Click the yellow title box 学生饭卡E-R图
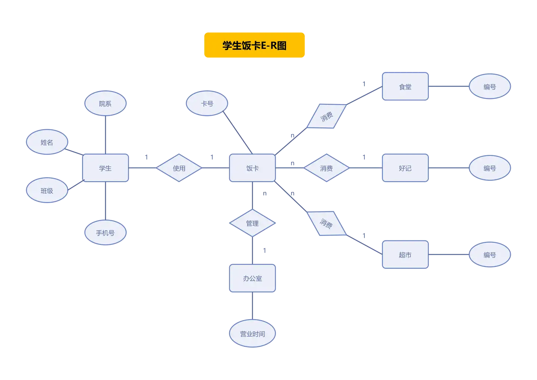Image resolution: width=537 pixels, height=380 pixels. [254, 46]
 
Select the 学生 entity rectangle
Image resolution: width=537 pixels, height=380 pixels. [105, 168]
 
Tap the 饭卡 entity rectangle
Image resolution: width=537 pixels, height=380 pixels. [252, 168]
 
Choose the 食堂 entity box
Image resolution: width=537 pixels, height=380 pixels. [405, 87]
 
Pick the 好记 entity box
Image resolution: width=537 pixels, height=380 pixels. [405, 168]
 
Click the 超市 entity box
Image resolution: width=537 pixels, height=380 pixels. [405, 255]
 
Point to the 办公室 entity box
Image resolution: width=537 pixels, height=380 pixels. [252, 278]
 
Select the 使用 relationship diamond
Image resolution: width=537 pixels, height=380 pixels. [179, 168]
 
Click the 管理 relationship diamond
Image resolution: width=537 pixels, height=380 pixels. [252, 223]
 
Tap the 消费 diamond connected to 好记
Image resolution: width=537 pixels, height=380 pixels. [326, 168]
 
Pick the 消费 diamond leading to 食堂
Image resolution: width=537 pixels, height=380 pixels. [326, 116]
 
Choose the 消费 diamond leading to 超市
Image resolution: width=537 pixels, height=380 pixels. [326, 224]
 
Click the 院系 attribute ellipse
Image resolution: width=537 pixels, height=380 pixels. [105, 103]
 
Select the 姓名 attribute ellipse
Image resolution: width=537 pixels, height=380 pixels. [47, 142]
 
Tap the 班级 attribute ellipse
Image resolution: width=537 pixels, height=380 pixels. [47, 191]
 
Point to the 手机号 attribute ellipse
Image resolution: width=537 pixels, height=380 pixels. [105, 233]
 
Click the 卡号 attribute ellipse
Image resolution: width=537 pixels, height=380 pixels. [207, 103]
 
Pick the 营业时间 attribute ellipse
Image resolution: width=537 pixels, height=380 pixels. [252, 334]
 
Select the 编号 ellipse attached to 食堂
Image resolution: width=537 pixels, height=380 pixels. [490, 87]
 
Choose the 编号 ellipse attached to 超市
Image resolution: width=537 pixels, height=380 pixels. [490, 255]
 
